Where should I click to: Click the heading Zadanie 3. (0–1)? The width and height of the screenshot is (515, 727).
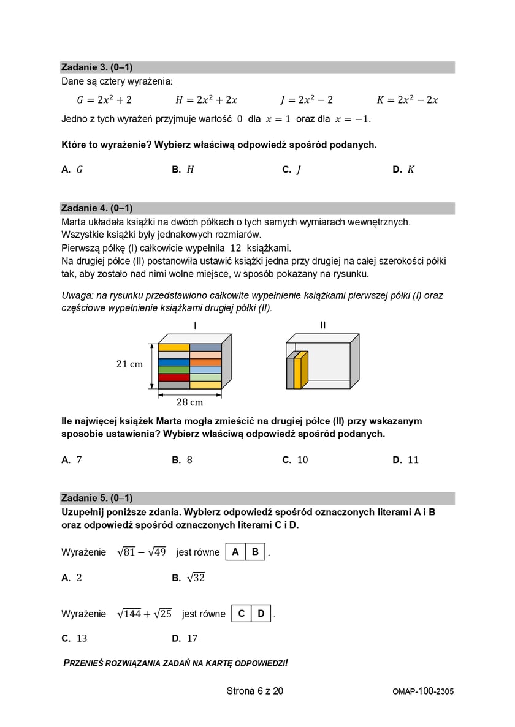point(97,67)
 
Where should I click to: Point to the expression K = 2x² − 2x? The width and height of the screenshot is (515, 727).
point(407,100)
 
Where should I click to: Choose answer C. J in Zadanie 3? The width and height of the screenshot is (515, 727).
point(291,170)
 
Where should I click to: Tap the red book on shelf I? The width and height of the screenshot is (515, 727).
point(174,377)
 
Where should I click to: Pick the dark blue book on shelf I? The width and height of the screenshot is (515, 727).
point(174,362)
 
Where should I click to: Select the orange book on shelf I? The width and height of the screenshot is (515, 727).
point(205,362)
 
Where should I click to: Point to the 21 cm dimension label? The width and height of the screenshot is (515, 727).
point(129,364)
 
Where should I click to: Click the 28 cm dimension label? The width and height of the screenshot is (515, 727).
point(189,402)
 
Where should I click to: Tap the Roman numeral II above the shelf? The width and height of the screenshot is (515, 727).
point(323,325)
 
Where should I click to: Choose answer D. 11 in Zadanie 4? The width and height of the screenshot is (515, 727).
point(406,460)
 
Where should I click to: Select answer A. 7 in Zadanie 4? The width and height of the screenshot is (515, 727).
point(72,460)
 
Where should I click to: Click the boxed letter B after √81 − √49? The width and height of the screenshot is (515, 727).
point(256,552)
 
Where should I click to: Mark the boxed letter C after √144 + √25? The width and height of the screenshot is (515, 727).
point(242,613)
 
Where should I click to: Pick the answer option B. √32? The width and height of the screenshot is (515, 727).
point(189,578)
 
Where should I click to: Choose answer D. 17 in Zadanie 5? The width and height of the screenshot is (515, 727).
point(185,638)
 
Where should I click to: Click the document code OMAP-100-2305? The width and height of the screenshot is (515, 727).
point(423,691)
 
